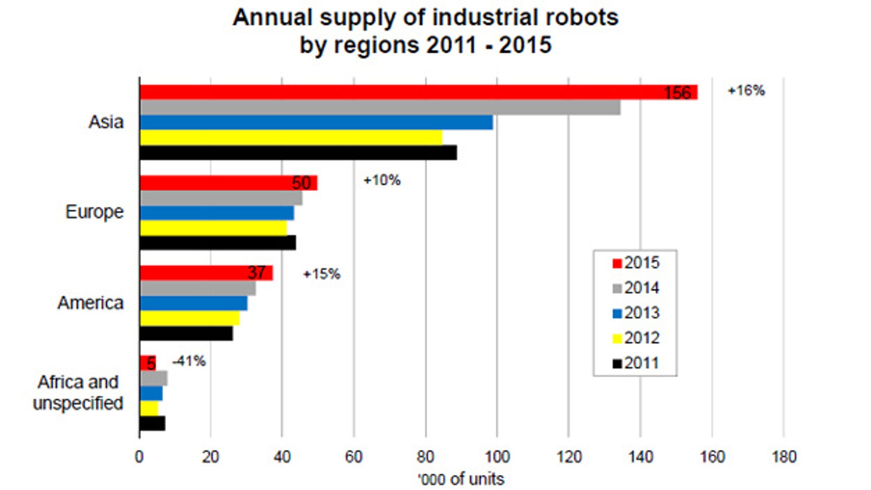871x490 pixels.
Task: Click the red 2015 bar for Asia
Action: click(x=419, y=92)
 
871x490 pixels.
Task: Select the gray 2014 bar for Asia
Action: click(x=380, y=107)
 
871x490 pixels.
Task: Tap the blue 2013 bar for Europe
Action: click(x=217, y=213)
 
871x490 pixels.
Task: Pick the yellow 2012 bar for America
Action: click(x=189, y=318)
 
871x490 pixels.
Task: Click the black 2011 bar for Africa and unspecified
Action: click(x=152, y=423)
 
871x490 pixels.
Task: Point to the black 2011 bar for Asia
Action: click(x=298, y=152)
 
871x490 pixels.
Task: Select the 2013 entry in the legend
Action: click(x=636, y=313)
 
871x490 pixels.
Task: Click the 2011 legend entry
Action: click(x=636, y=363)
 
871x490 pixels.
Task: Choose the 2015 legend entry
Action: click(x=636, y=263)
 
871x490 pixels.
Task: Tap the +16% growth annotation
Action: click(x=746, y=91)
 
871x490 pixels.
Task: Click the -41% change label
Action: click(x=189, y=361)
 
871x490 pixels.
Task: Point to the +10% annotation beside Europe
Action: click(x=382, y=180)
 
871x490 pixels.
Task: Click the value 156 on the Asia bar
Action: click(x=677, y=93)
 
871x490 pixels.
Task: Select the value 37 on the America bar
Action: click(x=257, y=273)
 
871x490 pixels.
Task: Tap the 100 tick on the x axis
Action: click(x=497, y=457)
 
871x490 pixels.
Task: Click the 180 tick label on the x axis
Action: click(x=784, y=457)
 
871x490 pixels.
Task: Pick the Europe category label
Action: click(x=95, y=212)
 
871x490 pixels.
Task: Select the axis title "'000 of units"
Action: click(x=461, y=479)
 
